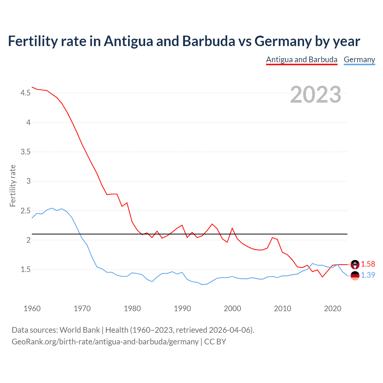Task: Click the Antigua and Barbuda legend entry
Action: tap(302, 60)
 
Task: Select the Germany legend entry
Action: tap(359, 60)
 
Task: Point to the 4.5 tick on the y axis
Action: tap(25, 93)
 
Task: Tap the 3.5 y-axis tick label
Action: tap(25, 152)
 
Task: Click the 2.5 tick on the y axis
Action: tap(25, 211)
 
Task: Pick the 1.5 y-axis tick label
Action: tap(25, 270)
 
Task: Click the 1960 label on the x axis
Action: tap(32, 308)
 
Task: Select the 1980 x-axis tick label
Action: tap(132, 308)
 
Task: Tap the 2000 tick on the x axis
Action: tap(232, 308)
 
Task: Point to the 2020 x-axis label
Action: tap(332, 308)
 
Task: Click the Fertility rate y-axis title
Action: tap(13, 186)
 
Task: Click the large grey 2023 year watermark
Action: tap(315, 95)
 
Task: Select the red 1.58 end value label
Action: tap(368, 264)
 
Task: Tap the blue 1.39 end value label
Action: tap(368, 275)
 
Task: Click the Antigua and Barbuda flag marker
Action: tap(355, 265)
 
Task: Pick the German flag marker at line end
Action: tap(355, 276)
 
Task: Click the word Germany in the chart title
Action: tap(283, 41)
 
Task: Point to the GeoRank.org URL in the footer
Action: tap(105, 341)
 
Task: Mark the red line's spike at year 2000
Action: tap(232, 228)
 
